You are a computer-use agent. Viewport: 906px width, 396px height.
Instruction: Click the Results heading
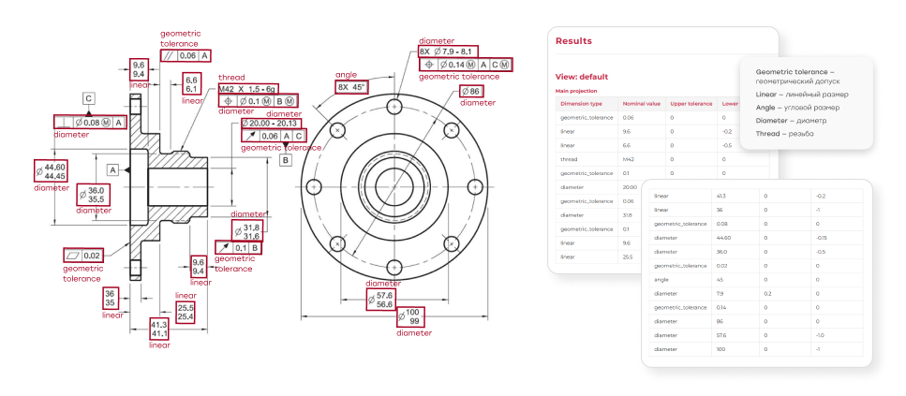(573, 41)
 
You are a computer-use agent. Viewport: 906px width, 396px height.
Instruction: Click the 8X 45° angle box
(352, 87)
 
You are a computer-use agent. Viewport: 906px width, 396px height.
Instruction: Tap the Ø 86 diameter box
(470, 92)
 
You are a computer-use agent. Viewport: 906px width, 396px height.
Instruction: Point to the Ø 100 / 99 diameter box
(410, 317)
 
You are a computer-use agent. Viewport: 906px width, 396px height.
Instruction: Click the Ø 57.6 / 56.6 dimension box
(384, 300)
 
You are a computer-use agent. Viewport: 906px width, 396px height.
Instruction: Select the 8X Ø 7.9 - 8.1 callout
(448, 51)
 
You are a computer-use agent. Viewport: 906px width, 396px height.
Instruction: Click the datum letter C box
(89, 97)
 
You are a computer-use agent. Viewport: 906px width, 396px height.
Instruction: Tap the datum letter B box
(286, 160)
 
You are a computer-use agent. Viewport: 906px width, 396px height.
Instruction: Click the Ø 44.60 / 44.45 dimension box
(51, 170)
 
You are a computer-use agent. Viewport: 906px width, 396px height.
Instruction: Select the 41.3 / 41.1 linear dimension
(159, 329)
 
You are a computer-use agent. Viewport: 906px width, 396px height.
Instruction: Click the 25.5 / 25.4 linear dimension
(186, 312)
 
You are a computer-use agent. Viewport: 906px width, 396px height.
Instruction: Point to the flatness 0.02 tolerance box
(83, 256)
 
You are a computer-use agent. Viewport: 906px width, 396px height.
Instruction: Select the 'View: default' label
(582, 77)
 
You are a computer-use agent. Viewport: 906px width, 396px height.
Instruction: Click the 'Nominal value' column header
(642, 104)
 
